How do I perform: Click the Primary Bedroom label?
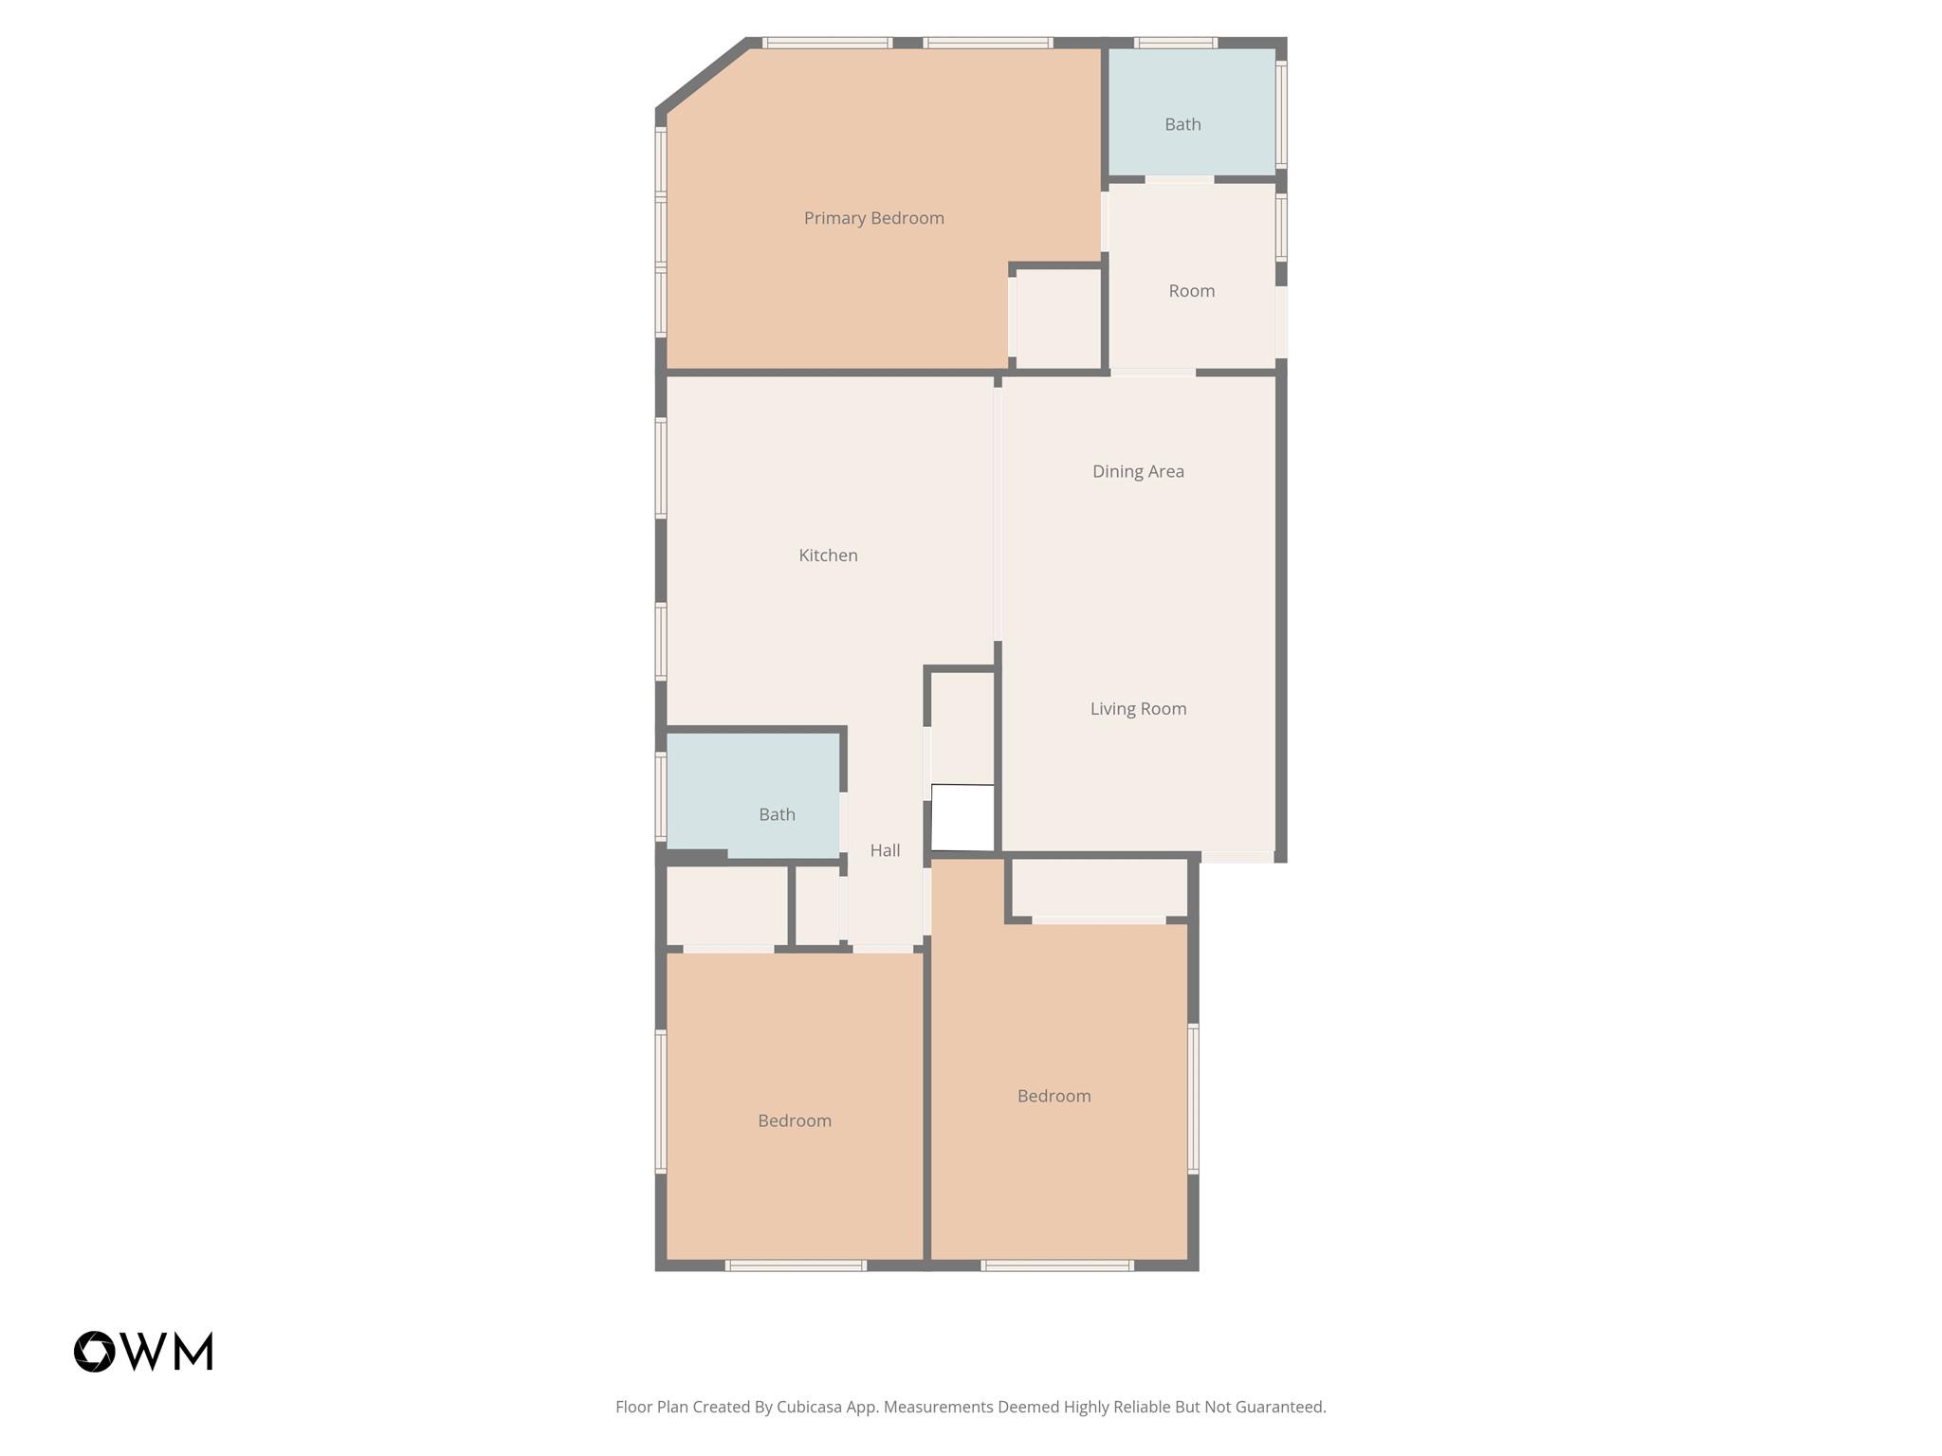click(873, 218)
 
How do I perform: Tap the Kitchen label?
click(828, 555)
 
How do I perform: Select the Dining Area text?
click(1138, 471)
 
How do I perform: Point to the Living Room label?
click(1138, 708)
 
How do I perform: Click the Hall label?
click(885, 850)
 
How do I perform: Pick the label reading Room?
click(1191, 291)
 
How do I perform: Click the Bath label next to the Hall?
click(777, 814)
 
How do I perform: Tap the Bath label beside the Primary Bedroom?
click(1182, 124)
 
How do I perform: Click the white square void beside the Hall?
click(962, 817)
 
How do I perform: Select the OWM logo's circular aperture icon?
click(95, 1352)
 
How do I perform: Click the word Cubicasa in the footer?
click(811, 1407)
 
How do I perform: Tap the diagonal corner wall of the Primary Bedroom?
click(702, 77)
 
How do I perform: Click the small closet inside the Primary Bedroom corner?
click(1058, 319)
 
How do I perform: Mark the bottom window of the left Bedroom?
click(796, 1265)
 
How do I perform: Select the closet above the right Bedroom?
click(1100, 888)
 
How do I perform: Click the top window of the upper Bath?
click(1176, 43)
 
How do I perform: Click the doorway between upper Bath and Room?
click(1179, 179)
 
